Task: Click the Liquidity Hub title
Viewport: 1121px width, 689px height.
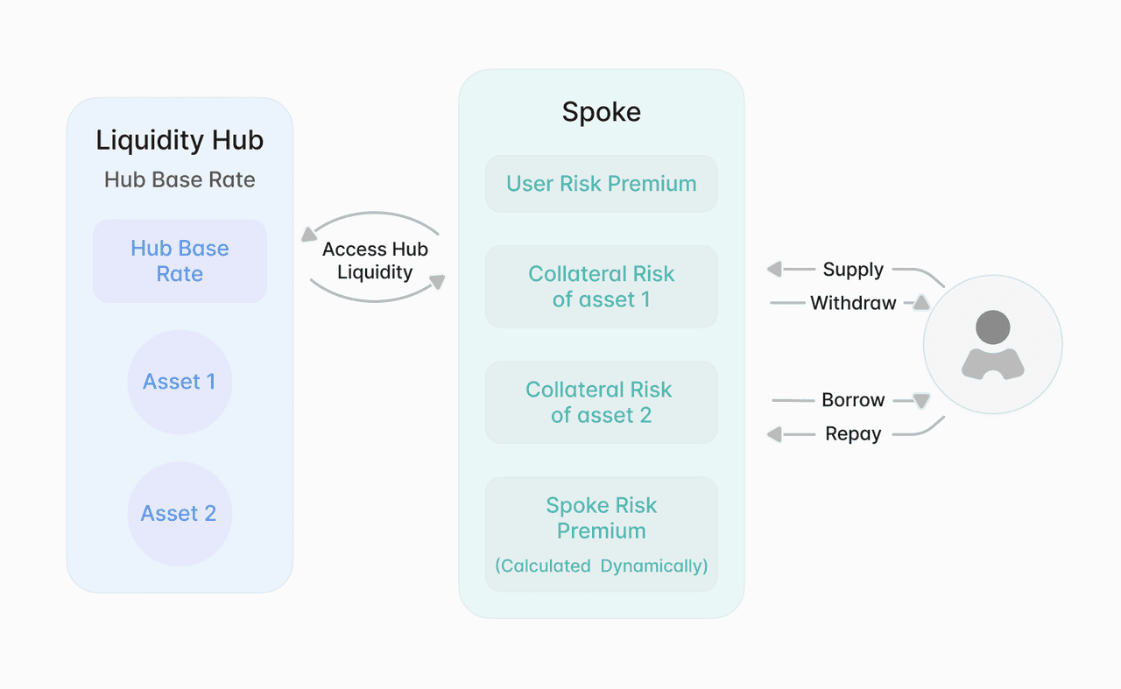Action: click(x=180, y=140)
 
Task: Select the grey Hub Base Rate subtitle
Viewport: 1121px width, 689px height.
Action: click(x=180, y=179)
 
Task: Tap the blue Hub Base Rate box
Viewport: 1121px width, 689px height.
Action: click(x=180, y=261)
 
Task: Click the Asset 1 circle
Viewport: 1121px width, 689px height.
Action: click(x=180, y=382)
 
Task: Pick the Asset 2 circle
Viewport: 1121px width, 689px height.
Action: click(x=180, y=514)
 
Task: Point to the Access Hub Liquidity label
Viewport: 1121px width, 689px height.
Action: click(x=375, y=260)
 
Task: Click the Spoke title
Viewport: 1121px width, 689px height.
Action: click(x=601, y=112)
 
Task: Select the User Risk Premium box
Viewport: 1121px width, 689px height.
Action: click(x=601, y=184)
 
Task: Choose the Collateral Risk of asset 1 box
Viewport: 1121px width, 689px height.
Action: click(x=601, y=286)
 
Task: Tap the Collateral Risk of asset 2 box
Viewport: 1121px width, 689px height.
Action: click(x=601, y=402)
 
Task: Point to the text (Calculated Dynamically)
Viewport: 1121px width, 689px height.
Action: click(x=601, y=566)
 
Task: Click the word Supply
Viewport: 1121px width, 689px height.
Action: click(x=853, y=270)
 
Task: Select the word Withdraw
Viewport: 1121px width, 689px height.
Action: click(x=853, y=303)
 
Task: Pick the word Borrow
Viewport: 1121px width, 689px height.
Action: click(x=853, y=400)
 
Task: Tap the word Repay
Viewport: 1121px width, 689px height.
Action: click(x=853, y=434)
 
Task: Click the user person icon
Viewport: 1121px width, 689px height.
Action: click(x=992, y=345)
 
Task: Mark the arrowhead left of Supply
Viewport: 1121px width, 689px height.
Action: click(x=774, y=270)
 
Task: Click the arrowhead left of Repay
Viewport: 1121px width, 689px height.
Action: click(x=774, y=434)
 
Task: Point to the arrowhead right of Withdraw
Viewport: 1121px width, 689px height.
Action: click(x=920, y=303)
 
